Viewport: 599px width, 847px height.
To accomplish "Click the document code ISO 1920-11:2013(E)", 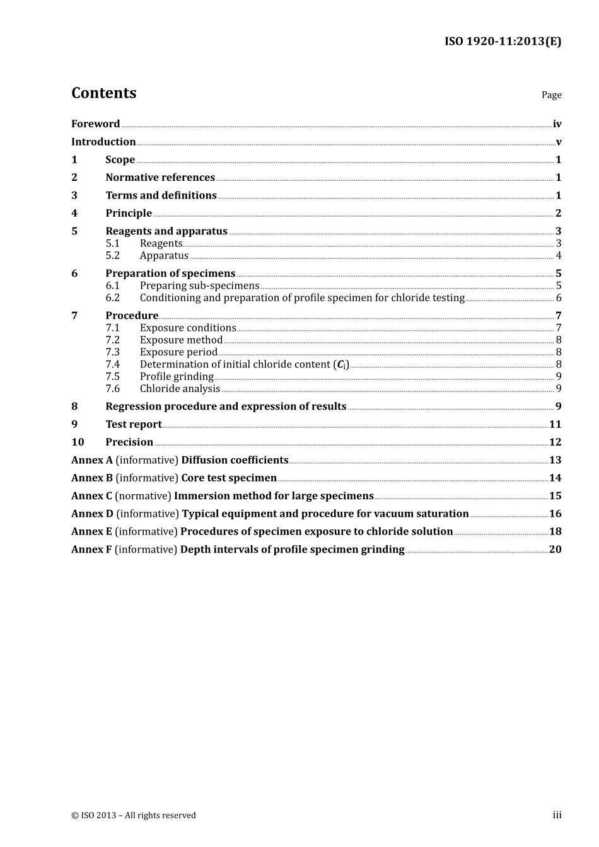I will (503, 42).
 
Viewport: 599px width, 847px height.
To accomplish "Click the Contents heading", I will (103, 93).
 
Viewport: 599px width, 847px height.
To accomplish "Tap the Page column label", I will (551, 95).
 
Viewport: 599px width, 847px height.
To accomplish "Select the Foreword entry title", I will (95, 124).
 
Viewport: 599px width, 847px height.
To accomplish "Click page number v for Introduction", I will (558, 142).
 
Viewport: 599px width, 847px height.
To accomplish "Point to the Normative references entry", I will (160, 178).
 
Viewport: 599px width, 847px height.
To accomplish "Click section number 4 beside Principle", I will (74, 214).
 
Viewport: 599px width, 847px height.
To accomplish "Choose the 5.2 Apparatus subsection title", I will (164, 256).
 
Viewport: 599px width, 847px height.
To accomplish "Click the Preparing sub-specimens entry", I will (199, 286).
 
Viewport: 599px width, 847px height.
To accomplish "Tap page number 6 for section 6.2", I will (559, 298).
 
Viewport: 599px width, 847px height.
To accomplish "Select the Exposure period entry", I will (178, 352).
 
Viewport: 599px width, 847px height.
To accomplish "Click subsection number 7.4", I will (112, 364).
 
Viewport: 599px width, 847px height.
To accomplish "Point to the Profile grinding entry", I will (177, 377).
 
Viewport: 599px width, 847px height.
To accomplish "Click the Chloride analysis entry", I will (180, 389).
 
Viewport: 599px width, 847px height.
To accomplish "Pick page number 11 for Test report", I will (555, 425).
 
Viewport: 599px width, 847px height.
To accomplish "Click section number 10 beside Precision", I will (78, 442).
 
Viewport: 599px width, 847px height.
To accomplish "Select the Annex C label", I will (91, 496).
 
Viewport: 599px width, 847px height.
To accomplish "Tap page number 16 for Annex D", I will (555, 514).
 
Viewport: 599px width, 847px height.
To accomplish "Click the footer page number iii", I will (557, 815).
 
